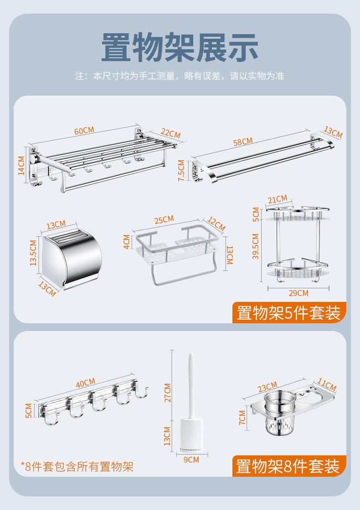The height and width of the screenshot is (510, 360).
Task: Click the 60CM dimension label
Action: [84, 130]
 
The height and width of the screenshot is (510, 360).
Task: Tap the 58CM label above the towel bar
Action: [243, 142]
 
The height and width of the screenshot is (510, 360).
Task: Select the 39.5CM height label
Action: [256, 246]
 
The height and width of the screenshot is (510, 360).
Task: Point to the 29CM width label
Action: [298, 293]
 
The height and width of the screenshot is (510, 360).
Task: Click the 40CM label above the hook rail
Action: [86, 383]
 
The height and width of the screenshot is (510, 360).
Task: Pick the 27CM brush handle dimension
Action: [167, 393]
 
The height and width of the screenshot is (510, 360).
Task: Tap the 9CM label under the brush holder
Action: [191, 459]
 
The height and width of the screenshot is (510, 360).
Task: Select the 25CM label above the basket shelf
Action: [164, 219]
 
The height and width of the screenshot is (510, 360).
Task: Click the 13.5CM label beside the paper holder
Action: [33, 253]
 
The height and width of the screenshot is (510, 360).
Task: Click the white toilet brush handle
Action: [191, 386]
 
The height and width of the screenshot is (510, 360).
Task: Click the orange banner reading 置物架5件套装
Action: [289, 312]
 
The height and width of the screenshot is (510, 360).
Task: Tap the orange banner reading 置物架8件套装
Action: [289, 466]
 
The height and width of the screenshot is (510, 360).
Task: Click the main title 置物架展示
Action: [180, 48]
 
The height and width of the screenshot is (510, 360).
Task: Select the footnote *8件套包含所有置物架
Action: [77, 466]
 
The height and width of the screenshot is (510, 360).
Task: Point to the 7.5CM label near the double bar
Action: [182, 170]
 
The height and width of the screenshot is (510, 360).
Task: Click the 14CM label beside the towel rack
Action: [21, 165]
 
